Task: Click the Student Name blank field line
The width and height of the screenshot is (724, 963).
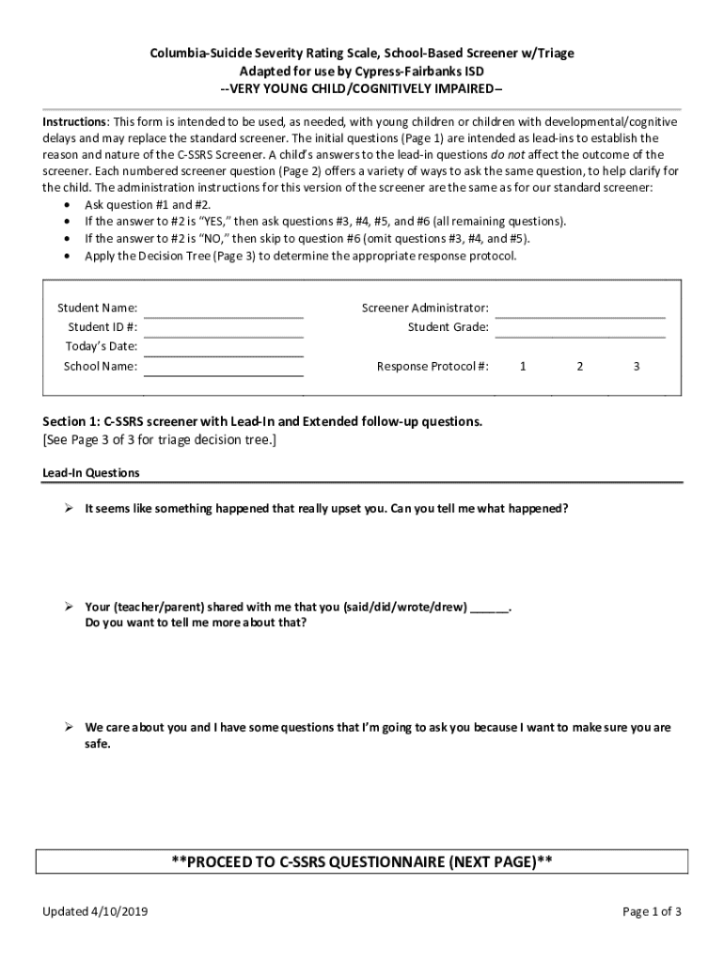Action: pos(224,315)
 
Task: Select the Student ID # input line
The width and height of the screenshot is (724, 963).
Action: pos(224,334)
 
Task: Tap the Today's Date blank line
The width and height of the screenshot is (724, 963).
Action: pos(224,354)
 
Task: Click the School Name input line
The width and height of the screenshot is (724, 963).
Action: pos(224,373)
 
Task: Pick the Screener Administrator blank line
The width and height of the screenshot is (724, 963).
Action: pos(580,315)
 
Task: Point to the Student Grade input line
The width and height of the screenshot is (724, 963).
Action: pos(580,334)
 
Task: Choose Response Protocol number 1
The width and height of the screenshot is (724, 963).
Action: pos(523,367)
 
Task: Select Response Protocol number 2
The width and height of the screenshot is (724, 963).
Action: pos(580,367)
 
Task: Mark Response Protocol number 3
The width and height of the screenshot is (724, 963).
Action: pos(637,367)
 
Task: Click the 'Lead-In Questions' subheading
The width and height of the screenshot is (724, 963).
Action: pos(91,473)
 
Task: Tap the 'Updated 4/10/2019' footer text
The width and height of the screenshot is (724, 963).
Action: pos(95,912)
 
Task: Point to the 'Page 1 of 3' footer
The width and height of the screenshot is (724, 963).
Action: pos(652,912)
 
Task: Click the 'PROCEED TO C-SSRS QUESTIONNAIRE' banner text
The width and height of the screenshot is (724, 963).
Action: pos(361,862)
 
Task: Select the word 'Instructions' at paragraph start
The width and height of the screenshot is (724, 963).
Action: pos(75,123)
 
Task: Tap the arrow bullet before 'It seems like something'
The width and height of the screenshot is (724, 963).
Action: pos(69,509)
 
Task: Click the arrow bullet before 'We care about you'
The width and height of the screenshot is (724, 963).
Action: pos(69,728)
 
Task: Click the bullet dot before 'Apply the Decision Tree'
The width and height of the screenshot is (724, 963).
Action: pos(67,256)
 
